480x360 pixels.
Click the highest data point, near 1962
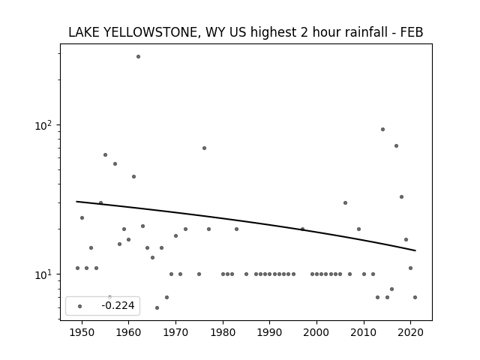tap(138, 57)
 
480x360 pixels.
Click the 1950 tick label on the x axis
tap(82, 332)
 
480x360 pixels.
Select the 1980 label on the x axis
tap(223, 332)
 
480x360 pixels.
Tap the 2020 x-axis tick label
tap(411, 332)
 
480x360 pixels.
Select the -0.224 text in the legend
tap(118, 305)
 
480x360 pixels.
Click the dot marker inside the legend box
tap(80, 306)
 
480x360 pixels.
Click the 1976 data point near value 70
tap(204, 148)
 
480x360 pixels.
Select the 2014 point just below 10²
tap(382, 130)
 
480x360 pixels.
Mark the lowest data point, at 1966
tap(157, 308)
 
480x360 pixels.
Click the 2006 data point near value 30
tap(345, 203)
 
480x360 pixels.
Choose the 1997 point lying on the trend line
tap(302, 229)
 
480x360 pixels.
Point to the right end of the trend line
tap(415, 250)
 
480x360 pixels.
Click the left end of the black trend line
tap(76, 202)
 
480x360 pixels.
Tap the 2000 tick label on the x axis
tap(316, 332)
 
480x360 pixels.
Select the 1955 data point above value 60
tap(105, 155)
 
